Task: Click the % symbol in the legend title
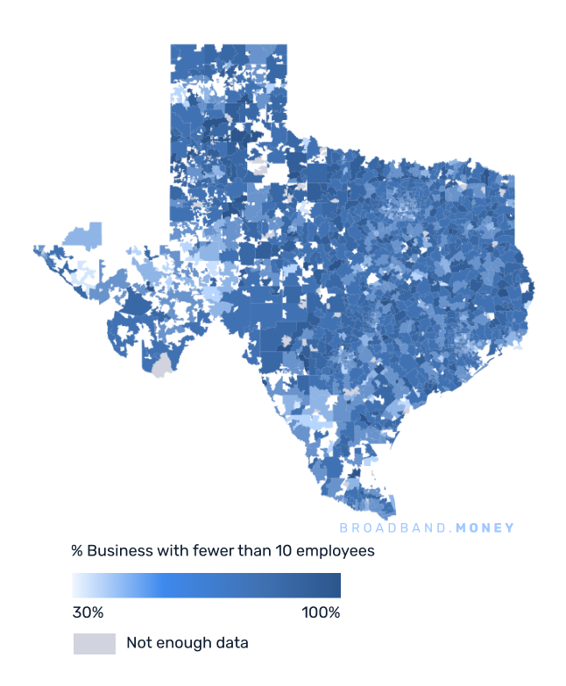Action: pos(77,552)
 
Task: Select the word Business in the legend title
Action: pos(116,552)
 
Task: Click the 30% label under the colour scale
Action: pos(88,612)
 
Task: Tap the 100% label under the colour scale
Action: pos(321,612)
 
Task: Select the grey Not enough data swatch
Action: pos(94,644)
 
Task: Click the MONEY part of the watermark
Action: pos(485,528)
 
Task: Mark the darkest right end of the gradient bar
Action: pos(336,585)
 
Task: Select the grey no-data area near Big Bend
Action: pos(160,367)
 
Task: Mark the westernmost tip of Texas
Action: pos(36,249)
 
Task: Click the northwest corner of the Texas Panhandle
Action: pos(173,46)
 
